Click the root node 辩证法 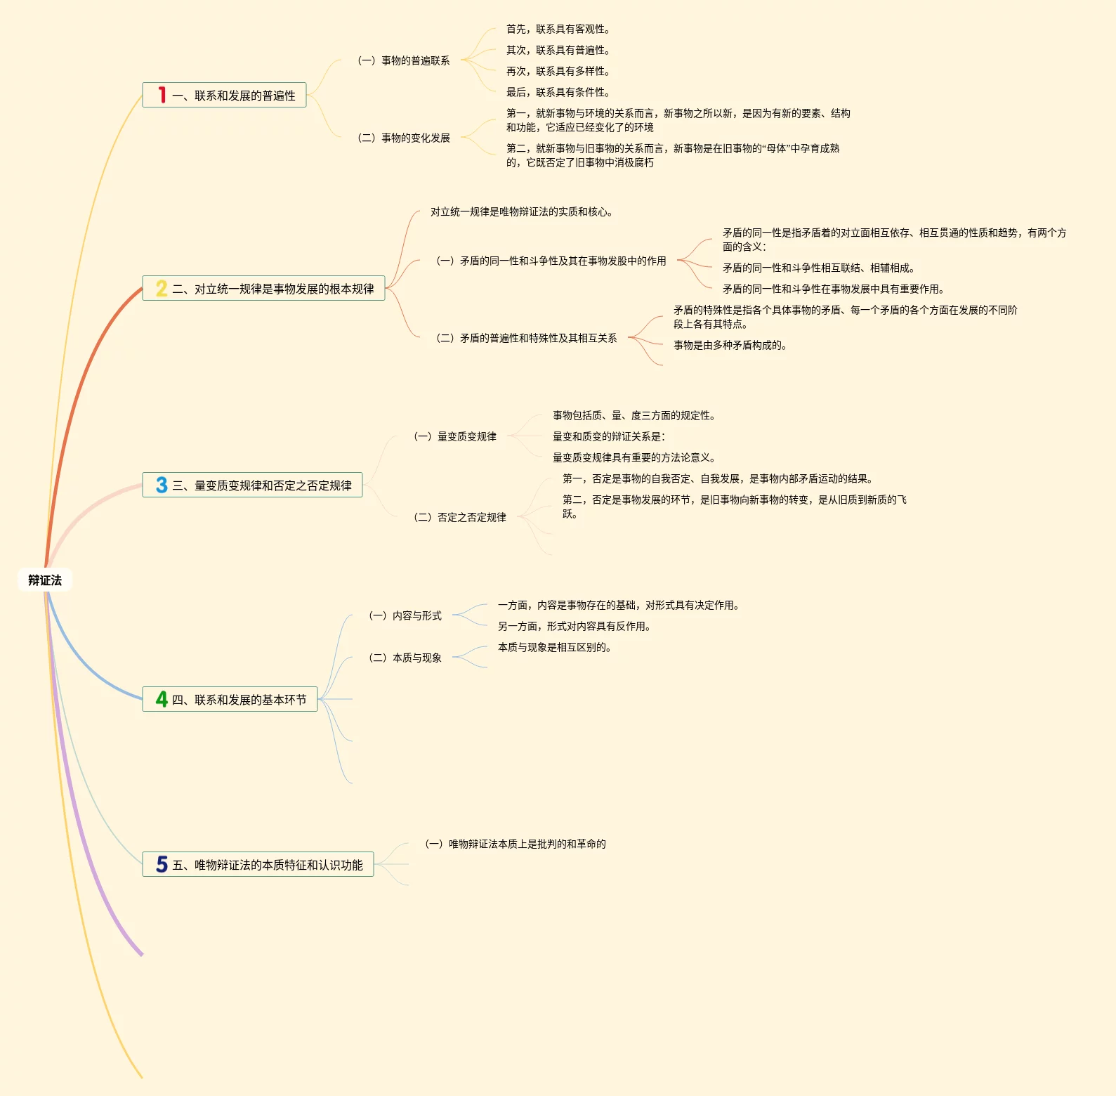45,580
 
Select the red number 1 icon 162,95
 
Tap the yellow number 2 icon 162,288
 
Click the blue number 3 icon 162,485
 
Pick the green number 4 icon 162,699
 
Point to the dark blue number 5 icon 162,864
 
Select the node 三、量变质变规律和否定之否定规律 261,485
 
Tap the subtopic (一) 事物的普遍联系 404,60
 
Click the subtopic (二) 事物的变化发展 404,138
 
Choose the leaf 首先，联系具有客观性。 558,29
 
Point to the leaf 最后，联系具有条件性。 558,92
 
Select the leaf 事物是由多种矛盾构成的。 730,345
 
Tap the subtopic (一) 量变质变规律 455,436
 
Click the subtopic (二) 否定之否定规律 460,517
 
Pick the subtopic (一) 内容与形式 405,615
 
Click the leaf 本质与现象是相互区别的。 554,647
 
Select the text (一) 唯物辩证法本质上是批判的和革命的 516,844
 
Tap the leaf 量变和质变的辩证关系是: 608,436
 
